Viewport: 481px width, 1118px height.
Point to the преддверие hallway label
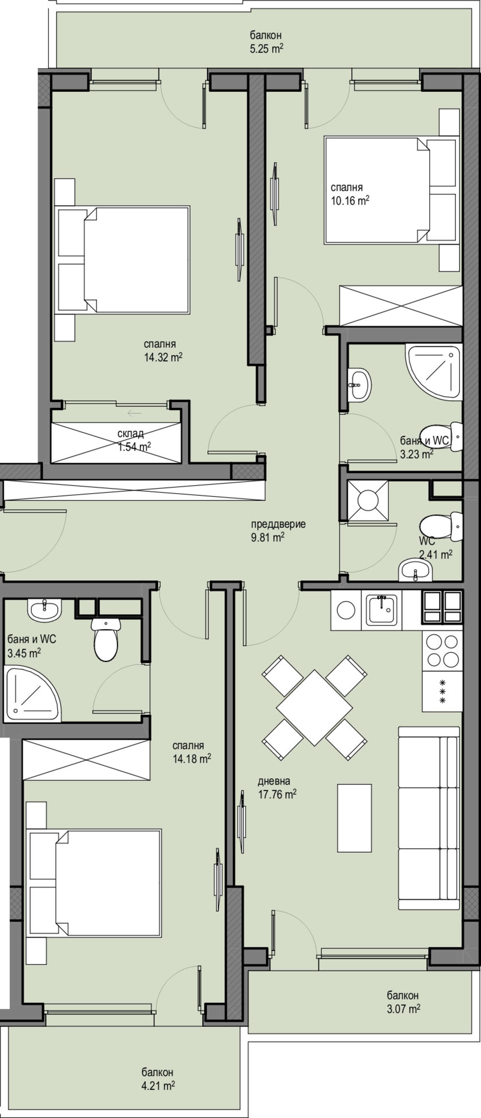[278, 524]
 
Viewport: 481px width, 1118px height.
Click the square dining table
[315, 707]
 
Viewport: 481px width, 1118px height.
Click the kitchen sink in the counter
[382, 610]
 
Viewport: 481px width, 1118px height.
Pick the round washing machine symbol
[346, 610]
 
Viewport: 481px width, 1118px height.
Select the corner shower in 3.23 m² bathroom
[434, 370]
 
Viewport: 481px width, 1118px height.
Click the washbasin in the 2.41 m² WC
[416, 570]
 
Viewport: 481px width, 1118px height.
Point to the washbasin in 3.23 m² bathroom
[359, 384]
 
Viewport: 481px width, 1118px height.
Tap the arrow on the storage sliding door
[134, 412]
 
